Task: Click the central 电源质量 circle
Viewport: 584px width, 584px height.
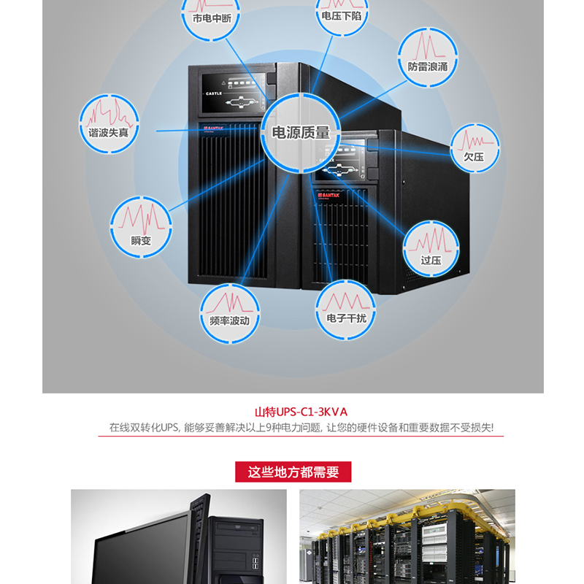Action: pyautogui.click(x=301, y=133)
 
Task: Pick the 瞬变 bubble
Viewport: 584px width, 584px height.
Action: pyautogui.click(x=140, y=223)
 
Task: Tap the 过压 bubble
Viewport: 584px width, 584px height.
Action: pyautogui.click(x=431, y=247)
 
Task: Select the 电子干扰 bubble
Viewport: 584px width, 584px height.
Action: pyautogui.click(x=346, y=308)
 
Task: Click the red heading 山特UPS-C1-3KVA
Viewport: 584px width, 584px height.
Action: pyautogui.click(x=301, y=412)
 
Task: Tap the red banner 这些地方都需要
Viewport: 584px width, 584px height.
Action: pyautogui.click(x=293, y=472)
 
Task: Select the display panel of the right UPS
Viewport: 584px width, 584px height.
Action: pyautogui.click(x=338, y=165)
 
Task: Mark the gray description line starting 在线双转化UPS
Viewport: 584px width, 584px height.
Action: pyautogui.click(x=301, y=428)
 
